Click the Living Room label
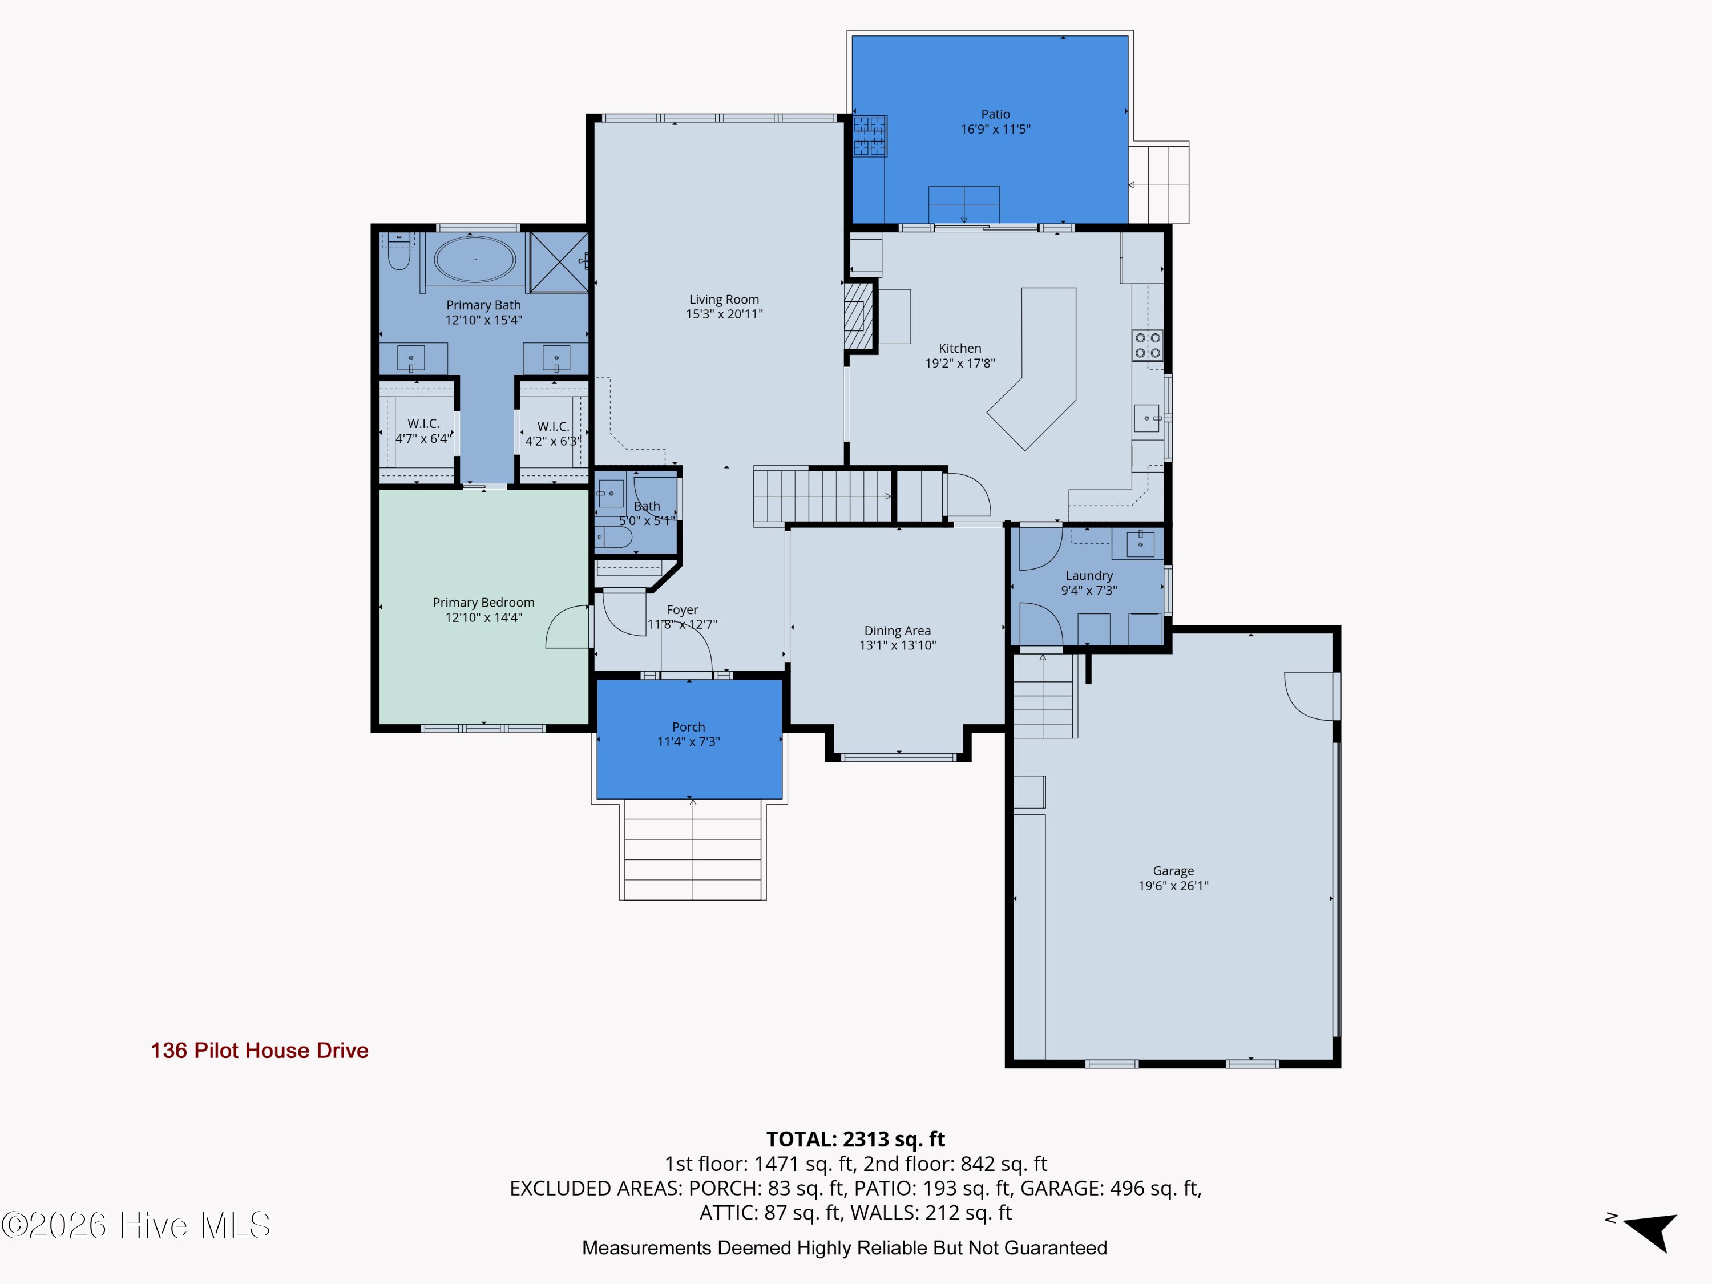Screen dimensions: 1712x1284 (x=724, y=300)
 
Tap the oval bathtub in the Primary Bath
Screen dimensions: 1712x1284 (x=474, y=259)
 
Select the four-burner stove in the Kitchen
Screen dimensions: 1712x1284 (x=1147, y=345)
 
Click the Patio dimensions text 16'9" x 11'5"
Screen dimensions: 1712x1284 (x=995, y=129)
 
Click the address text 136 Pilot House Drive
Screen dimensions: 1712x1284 (x=259, y=1050)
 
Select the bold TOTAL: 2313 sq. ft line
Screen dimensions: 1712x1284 (x=855, y=1139)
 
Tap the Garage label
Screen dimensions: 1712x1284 (x=1173, y=871)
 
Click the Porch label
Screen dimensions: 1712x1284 (x=688, y=727)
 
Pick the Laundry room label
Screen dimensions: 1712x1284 (x=1089, y=576)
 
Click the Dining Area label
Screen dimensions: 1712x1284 (x=898, y=631)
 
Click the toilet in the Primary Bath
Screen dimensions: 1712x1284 (x=398, y=251)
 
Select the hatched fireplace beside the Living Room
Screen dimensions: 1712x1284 (x=858, y=316)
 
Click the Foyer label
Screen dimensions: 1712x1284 (x=682, y=610)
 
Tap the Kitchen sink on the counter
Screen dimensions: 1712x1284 (x=1147, y=418)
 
